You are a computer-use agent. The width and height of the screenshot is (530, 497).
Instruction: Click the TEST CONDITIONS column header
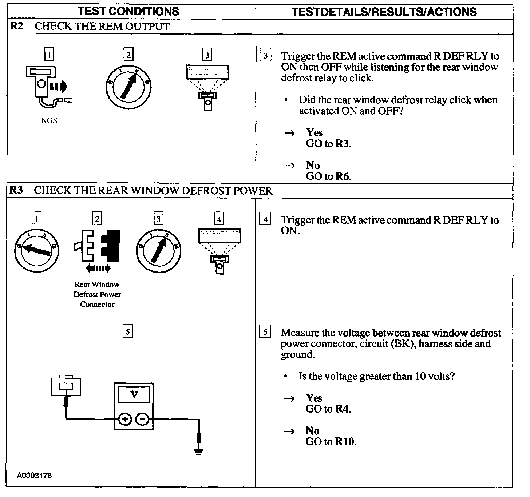128,11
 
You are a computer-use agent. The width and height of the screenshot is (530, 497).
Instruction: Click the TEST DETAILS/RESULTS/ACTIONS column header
384,12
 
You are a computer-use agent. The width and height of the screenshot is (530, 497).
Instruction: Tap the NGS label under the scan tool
49,121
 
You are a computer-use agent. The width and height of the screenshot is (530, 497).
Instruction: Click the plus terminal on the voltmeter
125,420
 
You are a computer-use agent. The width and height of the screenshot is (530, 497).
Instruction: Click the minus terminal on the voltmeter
142,420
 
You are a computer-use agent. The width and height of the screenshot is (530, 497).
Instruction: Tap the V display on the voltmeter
134,394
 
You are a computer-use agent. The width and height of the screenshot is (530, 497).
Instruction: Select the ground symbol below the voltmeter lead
198,452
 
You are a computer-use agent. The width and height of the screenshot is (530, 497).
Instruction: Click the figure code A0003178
34,476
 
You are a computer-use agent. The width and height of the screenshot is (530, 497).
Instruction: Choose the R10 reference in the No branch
345,442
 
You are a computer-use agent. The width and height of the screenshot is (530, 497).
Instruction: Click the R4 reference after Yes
343,409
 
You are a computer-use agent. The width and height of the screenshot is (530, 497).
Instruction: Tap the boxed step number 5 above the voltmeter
127,331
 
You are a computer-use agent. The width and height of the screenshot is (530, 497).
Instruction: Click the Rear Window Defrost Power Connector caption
97,294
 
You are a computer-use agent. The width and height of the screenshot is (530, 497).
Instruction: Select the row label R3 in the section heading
16,190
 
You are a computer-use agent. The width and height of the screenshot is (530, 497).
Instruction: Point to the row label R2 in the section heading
16,26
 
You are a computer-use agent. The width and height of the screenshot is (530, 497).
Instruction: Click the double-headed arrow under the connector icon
97,269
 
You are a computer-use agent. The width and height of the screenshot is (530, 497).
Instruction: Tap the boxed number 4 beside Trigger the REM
265,220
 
